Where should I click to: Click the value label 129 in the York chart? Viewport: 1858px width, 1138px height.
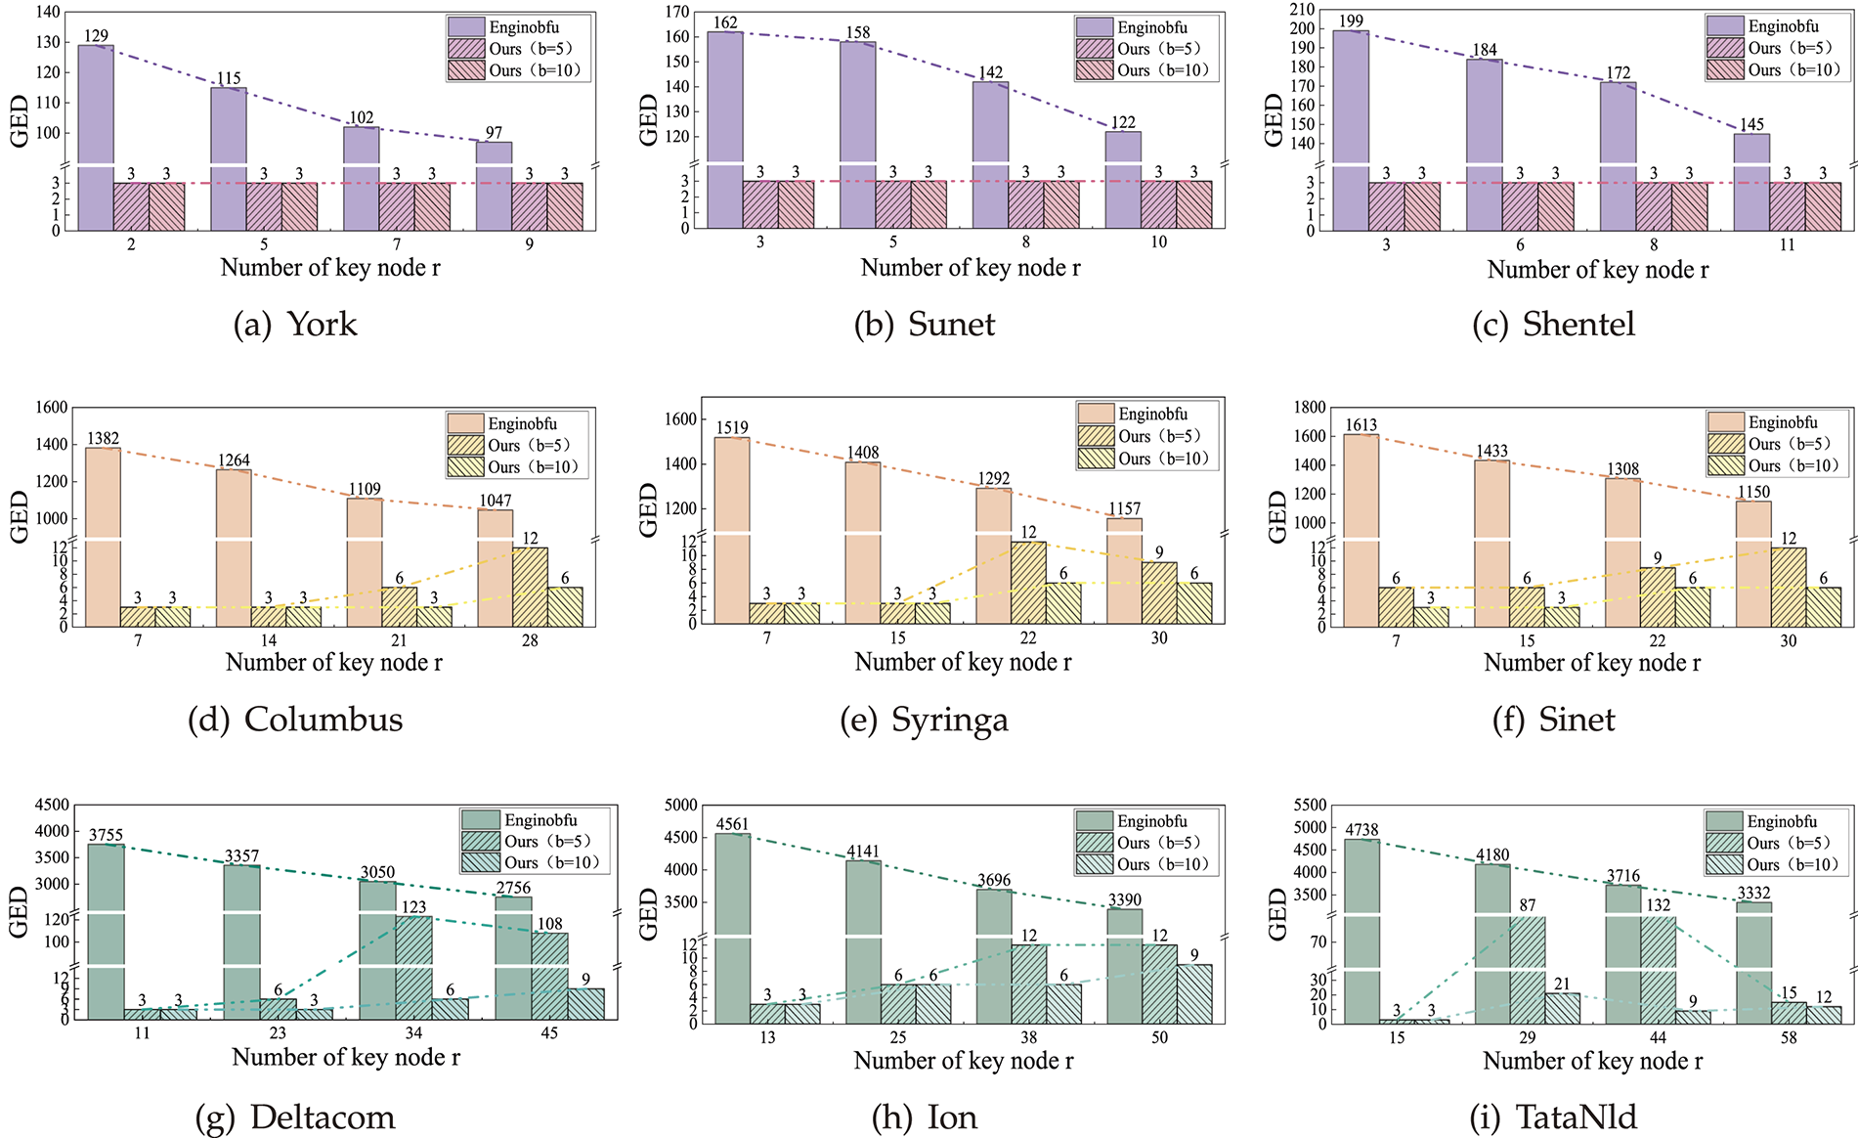tap(96, 36)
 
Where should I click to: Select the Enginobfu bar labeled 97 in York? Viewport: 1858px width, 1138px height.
tap(494, 186)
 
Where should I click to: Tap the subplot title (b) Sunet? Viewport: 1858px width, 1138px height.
tap(925, 325)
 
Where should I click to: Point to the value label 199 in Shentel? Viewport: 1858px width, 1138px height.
tap(1351, 22)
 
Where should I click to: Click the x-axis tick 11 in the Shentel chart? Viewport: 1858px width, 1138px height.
tap(1787, 245)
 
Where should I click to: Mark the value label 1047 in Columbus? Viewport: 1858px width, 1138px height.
tap(496, 501)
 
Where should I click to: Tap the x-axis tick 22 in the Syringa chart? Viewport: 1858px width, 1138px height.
tap(1028, 638)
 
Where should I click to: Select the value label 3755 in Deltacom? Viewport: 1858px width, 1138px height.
tap(106, 835)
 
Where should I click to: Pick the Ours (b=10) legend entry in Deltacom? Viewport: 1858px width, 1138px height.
tap(550, 862)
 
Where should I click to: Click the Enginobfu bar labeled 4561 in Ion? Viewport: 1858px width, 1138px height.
tap(732, 929)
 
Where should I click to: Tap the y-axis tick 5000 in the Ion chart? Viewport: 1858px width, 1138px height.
tap(680, 806)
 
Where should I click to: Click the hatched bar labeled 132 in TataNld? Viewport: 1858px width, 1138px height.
tap(1659, 969)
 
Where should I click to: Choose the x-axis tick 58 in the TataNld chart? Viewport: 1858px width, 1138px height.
tap(1788, 1037)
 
